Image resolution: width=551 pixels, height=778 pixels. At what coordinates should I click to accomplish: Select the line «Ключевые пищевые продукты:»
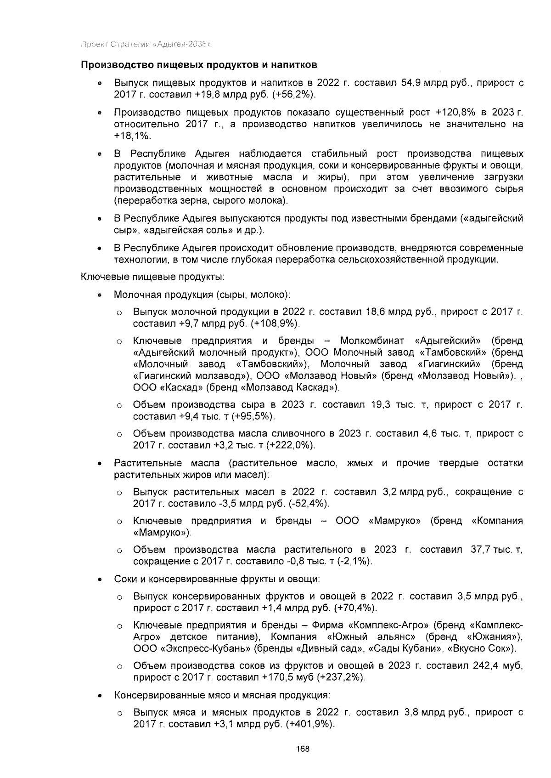[153, 277]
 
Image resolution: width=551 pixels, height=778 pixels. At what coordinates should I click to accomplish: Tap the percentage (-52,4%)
[309, 504]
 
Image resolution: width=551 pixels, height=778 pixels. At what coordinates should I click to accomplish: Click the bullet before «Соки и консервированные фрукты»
[99, 579]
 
